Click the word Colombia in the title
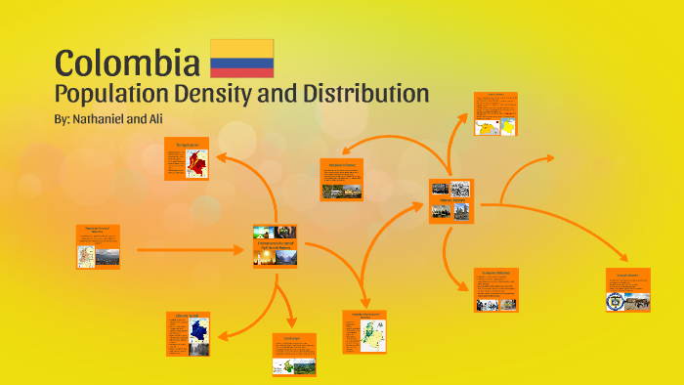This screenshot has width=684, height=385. [126, 64]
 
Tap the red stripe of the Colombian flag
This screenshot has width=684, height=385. [242, 71]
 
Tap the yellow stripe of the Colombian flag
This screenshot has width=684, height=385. [242, 48]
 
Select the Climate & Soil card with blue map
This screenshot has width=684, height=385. [188, 333]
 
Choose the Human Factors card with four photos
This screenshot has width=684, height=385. [450, 200]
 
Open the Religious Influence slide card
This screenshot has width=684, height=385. [341, 179]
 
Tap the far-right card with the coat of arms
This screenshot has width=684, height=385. [627, 290]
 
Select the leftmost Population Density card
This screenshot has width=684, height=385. [99, 247]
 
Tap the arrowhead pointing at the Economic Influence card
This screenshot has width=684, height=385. [466, 286]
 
